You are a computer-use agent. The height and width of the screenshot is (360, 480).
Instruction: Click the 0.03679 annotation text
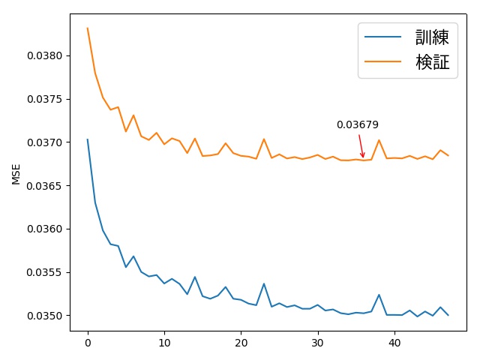357,125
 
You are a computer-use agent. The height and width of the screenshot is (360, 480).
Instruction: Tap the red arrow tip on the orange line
364,158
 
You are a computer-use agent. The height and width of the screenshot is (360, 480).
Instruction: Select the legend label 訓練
432,37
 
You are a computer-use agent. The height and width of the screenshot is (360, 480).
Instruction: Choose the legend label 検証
432,62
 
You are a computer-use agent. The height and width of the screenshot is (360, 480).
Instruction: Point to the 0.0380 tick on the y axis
45,55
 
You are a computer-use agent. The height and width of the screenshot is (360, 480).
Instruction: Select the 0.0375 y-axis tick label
45,99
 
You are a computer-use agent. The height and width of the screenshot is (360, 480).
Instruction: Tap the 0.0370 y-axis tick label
45,142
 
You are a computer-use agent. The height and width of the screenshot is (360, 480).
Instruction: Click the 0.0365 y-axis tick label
45,186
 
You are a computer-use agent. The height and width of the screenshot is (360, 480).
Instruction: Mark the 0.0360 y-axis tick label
45,229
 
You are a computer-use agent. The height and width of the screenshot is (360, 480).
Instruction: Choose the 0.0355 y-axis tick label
45,272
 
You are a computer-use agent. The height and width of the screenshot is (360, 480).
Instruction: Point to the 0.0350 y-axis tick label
45,316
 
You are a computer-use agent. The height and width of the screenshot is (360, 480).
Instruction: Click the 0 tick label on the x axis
88,343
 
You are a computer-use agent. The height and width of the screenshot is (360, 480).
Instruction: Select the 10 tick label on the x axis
164,343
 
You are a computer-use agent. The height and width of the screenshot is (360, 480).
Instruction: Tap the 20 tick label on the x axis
241,343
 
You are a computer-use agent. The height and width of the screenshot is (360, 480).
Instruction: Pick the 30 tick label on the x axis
318,343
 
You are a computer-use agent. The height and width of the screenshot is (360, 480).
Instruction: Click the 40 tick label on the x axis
394,343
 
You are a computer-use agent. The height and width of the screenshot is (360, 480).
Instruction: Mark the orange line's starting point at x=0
88,28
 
